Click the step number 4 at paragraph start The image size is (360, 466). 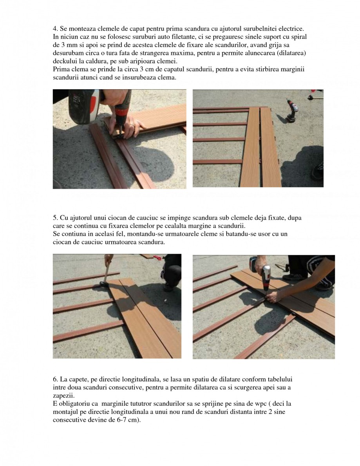55,29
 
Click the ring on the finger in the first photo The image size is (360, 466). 133,126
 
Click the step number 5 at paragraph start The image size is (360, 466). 55,217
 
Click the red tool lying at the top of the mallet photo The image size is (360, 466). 157,257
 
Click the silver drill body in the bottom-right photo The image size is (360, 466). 267,276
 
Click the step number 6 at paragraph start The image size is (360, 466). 55,380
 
